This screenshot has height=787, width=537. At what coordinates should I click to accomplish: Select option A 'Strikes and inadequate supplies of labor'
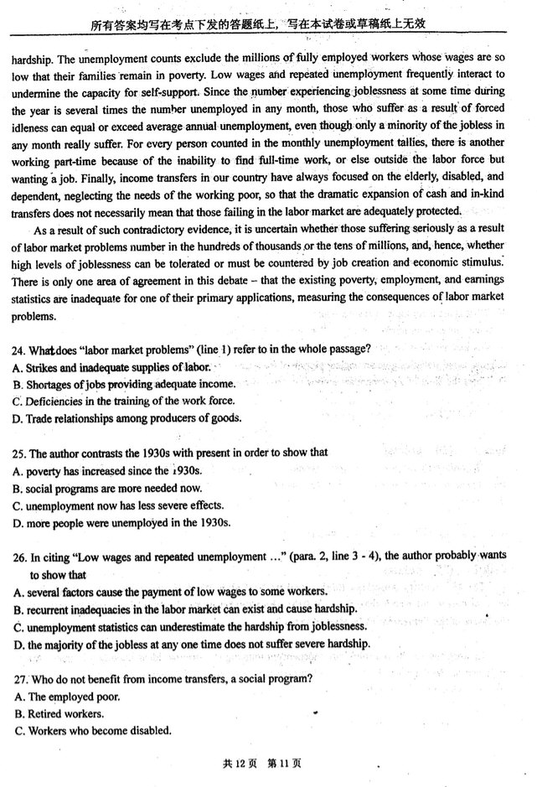(x=109, y=367)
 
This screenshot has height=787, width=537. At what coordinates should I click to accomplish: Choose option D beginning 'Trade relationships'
(x=121, y=418)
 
